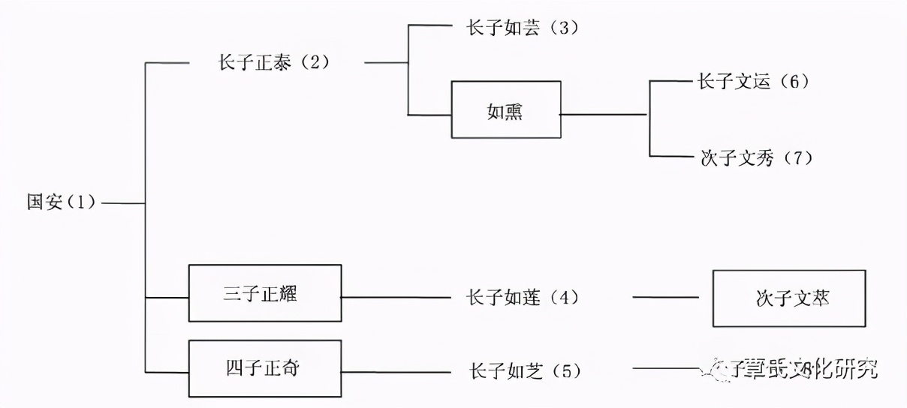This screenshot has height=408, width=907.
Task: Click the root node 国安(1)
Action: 62,203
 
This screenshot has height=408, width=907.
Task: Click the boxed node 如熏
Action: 505,110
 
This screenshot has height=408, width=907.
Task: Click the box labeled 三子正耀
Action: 265,293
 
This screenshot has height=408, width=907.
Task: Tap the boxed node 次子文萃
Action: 788,298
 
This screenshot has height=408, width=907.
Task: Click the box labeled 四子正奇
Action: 265,368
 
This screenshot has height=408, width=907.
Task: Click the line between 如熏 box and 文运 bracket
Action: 604,115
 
